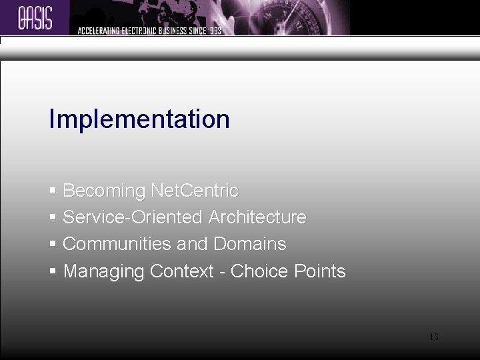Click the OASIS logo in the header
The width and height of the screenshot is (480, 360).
(35, 18)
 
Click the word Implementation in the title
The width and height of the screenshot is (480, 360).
(139, 119)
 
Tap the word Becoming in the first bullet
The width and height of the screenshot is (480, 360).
(105, 191)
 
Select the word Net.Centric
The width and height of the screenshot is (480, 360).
(195, 191)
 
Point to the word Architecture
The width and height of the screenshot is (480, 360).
(257, 217)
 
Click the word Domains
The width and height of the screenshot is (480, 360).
(250, 244)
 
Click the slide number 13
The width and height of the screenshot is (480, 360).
(433, 337)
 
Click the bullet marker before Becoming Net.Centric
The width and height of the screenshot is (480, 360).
(53, 191)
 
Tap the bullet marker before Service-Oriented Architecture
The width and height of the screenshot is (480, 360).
(53, 218)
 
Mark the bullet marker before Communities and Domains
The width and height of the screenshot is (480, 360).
(53, 245)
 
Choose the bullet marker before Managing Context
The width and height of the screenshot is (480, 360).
(53, 271)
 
